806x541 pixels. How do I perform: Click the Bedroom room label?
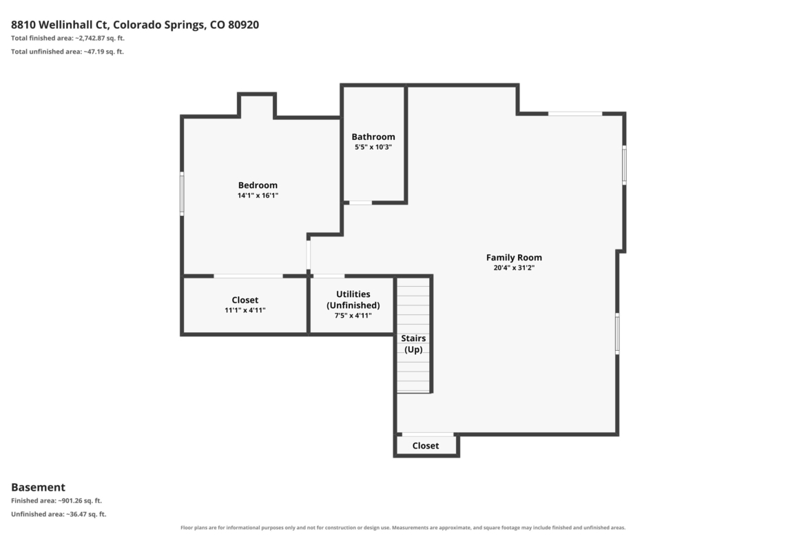(x=258, y=185)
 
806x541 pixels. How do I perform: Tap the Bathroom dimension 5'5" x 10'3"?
(x=373, y=147)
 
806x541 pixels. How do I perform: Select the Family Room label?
(x=514, y=258)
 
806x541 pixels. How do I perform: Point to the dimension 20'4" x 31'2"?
(x=514, y=268)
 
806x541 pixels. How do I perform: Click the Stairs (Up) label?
(x=413, y=343)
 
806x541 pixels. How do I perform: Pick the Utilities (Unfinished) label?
(x=353, y=299)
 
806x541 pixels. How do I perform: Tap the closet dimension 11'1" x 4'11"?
(x=245, y=310)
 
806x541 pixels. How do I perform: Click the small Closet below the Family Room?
(x=426, y=446)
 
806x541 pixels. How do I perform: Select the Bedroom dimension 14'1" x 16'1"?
(x=258, y=196)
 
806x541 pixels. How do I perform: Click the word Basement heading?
(x=38, y=487)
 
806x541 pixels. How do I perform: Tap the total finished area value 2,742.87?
(x=92, y=38)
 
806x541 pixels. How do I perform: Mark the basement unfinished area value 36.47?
(x=78, y=513)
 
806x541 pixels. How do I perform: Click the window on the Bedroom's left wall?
(x=182, y=193)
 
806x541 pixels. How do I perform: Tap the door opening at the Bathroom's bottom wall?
(x=360, y=203)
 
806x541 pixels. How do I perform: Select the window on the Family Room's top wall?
(x=575, y=113)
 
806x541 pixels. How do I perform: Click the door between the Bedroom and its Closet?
(x=248, y=276)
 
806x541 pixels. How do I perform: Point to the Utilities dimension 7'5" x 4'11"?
(x=353, y=316)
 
